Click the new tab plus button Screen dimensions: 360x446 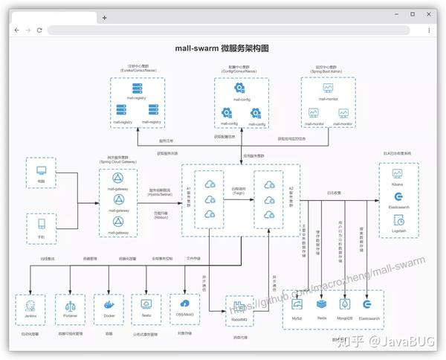click(x=104, y=17)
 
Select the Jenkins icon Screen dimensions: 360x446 click(x=30, y=304)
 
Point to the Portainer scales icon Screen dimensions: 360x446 click(x=70, y=304)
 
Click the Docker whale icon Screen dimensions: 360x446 click(x=109, y=304)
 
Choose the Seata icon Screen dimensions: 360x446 click(x=146, y=304)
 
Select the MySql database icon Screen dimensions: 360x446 click(x=297, y=304)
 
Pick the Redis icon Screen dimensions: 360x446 click(x=321, y=304)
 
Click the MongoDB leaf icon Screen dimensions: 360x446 click(x=344, y=304)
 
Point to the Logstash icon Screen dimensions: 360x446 click(x=397, y=220)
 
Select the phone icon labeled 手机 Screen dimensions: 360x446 click(x=41, y=224)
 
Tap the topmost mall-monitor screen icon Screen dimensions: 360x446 click(x=328, y=88)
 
